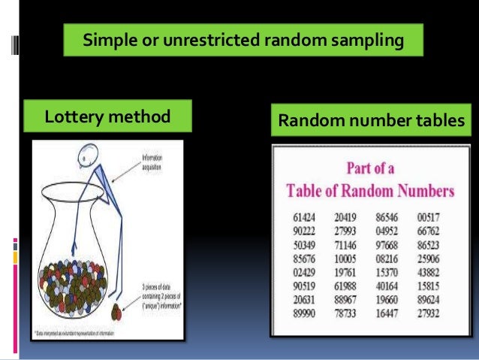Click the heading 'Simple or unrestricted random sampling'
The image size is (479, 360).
coord(243,40)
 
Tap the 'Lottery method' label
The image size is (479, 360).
coord(107,117)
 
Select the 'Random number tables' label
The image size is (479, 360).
coord(372,119)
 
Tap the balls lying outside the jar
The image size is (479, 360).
coord(119,309)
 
